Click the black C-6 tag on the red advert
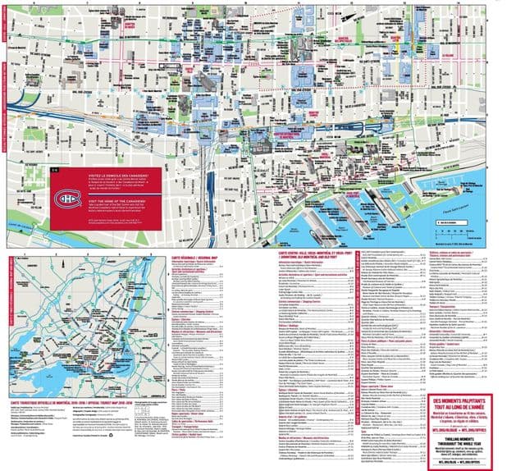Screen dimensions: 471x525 (55, 170)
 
